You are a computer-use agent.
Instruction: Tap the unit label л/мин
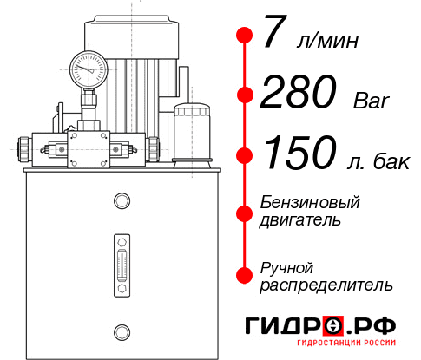click(327, 41)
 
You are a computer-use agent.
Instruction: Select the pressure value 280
click(299, 91)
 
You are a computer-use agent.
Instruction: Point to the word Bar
click(371, 101)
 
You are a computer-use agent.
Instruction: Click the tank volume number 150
click(300, 152)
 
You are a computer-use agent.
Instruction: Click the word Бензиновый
click(310, 202)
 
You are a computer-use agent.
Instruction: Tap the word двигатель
click(300, 220)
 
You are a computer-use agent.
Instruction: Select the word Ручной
click(286, 269)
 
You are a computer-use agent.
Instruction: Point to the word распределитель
click(326, 285)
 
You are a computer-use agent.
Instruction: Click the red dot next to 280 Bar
click(245, 95)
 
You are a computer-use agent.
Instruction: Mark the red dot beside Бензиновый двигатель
click(245, 213)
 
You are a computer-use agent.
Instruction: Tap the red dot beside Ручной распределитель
click(245, 275)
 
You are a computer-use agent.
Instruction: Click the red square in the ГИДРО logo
click(333, 325)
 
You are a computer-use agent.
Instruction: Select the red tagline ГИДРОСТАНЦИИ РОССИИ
click(346, 343)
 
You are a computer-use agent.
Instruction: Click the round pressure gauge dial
click(89, 69)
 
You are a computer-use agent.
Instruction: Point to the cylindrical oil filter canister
click(192, 134)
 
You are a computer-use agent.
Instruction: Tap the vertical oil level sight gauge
click(122, 265)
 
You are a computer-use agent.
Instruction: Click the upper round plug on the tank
click(122, 200)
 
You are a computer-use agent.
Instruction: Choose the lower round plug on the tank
click(122, 332)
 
